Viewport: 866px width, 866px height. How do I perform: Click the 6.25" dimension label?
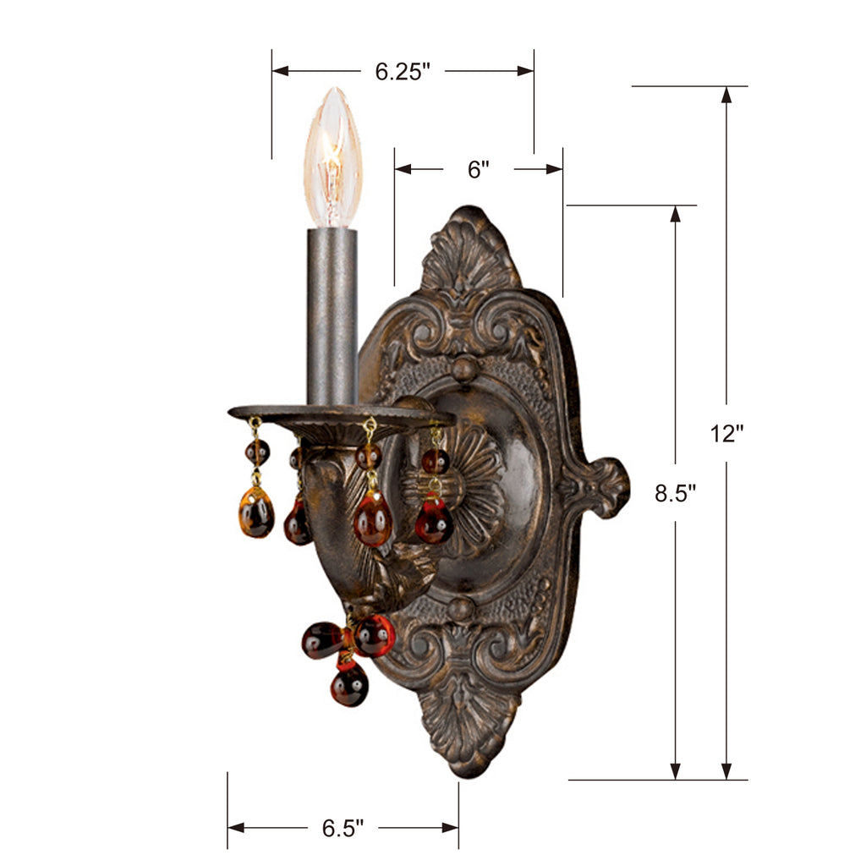[402, 72]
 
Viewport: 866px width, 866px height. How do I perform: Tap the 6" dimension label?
[479, 169]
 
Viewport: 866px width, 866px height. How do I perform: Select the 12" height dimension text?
[726, 434]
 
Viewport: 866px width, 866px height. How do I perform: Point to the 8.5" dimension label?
[675, 493]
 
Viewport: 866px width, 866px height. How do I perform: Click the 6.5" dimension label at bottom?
[343, 828]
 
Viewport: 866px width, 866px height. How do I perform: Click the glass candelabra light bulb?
[333, 157]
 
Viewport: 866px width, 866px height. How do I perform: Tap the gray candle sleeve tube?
[332, 316]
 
